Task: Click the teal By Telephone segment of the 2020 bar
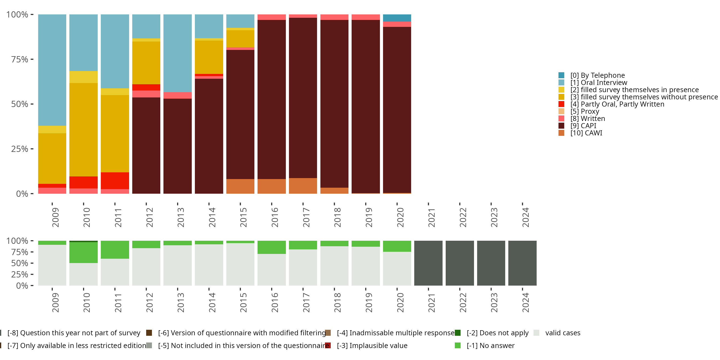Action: click(x=397, y=18)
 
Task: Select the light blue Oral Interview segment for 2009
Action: click(x=52, y=70)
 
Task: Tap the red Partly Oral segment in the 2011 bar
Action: click(x=115, y=180)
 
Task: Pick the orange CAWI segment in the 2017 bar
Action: click(x=303, y=186)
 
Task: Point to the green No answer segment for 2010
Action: click(x=83, y=252)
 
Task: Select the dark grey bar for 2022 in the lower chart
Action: click(x=460, y=263)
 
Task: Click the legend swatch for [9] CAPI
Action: click(x=561, y=126)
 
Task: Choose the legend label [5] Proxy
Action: click(x=585, y=112)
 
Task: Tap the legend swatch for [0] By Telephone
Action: click(x=561, y=75)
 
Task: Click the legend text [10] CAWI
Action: click(x=586, y=133)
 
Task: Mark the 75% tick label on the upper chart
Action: click(x=20, y=59)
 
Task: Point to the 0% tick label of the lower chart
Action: click(x=22, y=286)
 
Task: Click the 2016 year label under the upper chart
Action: click(x=275, y=217)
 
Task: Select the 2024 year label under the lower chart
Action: click(x=525, y=302)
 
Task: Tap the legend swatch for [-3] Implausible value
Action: click(x=328, y=345)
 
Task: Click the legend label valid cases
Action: click(x=563, y=333)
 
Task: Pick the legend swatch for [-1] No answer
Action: click(x=457, y=345)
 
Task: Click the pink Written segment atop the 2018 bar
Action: click(x=334, y=17)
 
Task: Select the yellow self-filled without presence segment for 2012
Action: click(x=146, y=63)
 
